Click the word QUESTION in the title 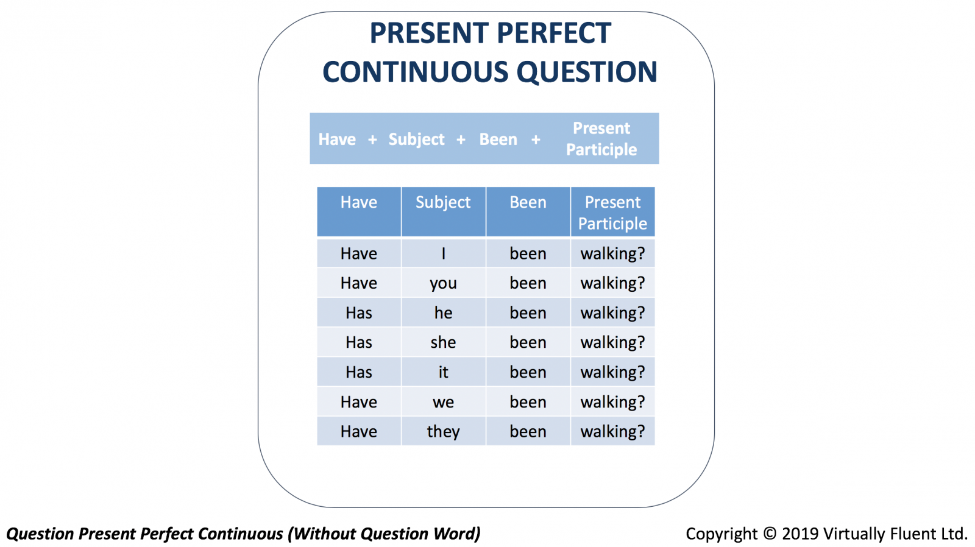(587, 72)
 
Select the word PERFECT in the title (554, 33)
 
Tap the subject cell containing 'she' (443, 342)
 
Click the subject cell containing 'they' (443, 431)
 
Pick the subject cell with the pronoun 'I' (443, 253)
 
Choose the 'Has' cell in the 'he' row (359, 312)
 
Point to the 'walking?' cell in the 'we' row (612, 401)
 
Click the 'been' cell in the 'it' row (528, 372)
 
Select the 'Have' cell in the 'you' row (359, 283)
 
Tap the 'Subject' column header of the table (443, 212)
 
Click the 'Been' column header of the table (528, 212)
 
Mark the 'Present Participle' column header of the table (612, 212)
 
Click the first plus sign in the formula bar (372, 139)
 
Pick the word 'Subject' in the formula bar (417, 139)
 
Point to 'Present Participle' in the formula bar (601, 139)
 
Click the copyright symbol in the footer (770, 534)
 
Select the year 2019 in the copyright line (801, 534)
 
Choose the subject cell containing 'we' (443, 401)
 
